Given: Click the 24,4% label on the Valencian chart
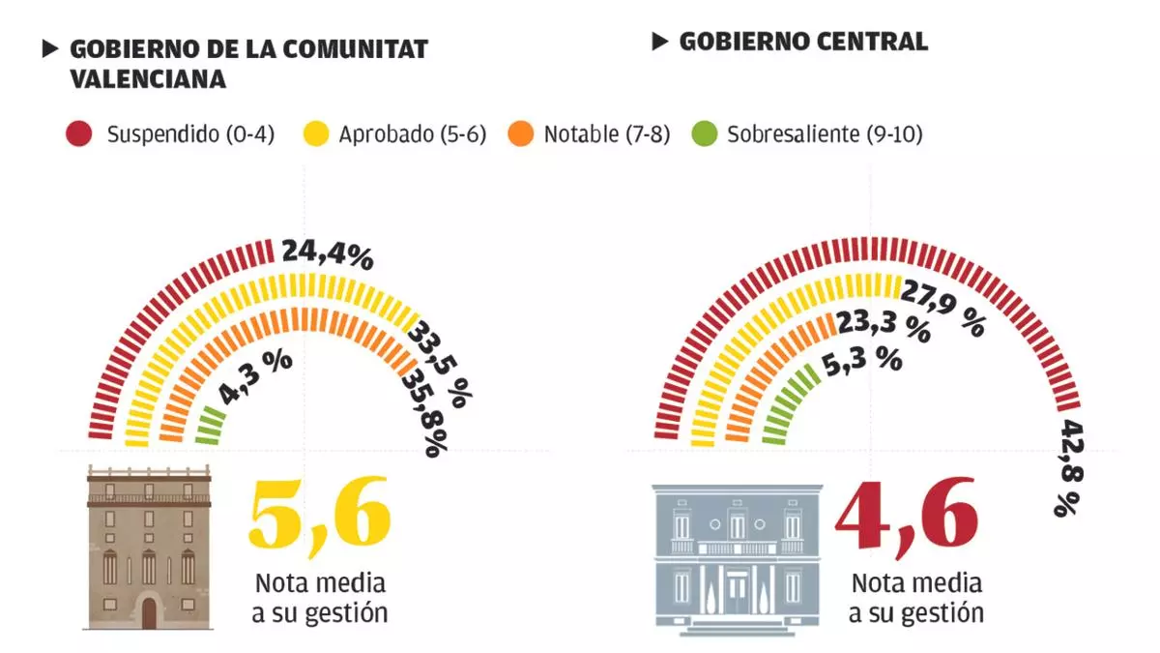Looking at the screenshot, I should pyautogui.click(x=327, y=255).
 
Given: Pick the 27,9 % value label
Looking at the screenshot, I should pyautogui.click(x=943, y=306).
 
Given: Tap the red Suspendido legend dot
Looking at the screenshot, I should pyautogui.click(x=79, y=134).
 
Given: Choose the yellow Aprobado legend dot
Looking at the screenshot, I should pyautogui.click(x=315, y=134).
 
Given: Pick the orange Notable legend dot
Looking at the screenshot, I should pyautogui.click(x=520, y=134).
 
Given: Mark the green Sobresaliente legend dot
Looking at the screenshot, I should pyautogui.click(x=706, y=134).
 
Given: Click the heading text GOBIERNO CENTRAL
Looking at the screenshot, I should pyautogui.click(x=803, y=42).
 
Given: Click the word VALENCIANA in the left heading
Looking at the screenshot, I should pyautogui.click(x=148, y=79).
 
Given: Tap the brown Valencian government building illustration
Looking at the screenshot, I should pyautogui.click(x=149, y=547).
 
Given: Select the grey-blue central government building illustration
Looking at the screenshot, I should pyautogui.click(x=737, y=559).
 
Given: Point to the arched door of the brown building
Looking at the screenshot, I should pyautogui.click(x=149, y=612).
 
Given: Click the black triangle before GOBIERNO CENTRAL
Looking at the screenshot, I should pyautogui.click(x=660, y=41).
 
